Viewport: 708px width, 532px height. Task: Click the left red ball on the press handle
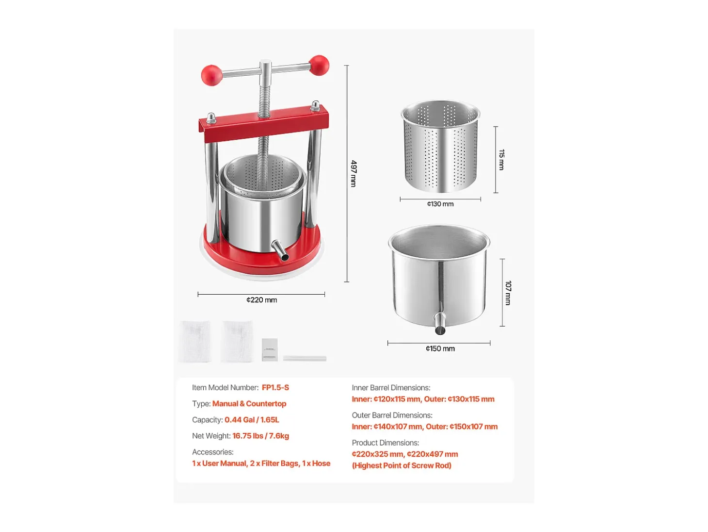pyautogui.click(x=211, y=75)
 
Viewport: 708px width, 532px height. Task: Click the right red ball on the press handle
pyautogui.click(x=319, y=65)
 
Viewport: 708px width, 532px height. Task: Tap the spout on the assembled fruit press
pyautogui.click(x=280, y=250)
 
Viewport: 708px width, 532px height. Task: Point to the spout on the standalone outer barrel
pyautogui.click(x=440, y=323)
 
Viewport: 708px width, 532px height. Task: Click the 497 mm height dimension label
pyautogui.click(x=354, y=173)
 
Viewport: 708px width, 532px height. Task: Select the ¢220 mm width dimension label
pyautogui.click(x=261, y=300)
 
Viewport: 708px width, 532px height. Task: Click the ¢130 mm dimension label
pyautogui.click(x=440, y=204)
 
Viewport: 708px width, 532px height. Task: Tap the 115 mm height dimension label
pyautogui.click(x=501, y=160)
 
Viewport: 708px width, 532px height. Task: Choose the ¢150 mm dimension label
pyautogui.click(x=440, y=349)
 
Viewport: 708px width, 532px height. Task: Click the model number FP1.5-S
pyautogui.click(x=275, y=387)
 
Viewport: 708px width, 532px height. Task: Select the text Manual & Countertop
pyautogui.click(x=249, y=403)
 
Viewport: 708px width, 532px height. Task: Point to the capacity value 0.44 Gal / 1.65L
pyautogui.click(x=252, y=420)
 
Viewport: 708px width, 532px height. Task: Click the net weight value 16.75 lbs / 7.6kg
pyautogui.click(x=260, y=436)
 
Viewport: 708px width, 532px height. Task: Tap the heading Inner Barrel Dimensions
pyautogui.click(x=391, y=388)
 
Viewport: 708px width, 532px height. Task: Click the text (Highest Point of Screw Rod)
pyautogui.click(x=402, y=465)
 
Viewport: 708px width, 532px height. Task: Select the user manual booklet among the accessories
pyautogui.click(x=270, y=349)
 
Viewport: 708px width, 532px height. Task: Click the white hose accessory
pyautogui.click(x=305, y=358)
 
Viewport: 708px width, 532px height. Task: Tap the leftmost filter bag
pyautogui.click(x=195, y=342)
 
